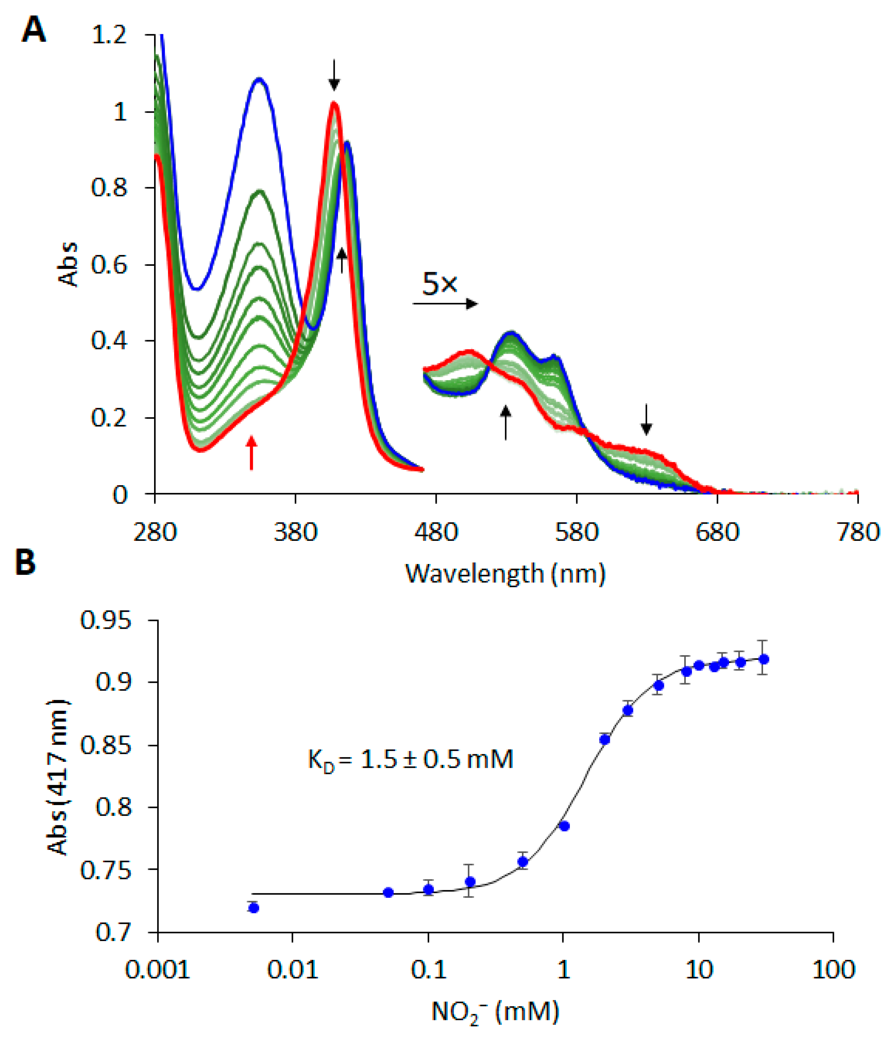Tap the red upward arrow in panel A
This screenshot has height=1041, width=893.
(x=251, y=452)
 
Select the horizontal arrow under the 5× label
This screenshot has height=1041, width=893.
(x=445, y=304)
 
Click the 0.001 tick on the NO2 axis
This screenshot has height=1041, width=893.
(x=157, y=970)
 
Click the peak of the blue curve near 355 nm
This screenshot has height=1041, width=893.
(x=259, y=79)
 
